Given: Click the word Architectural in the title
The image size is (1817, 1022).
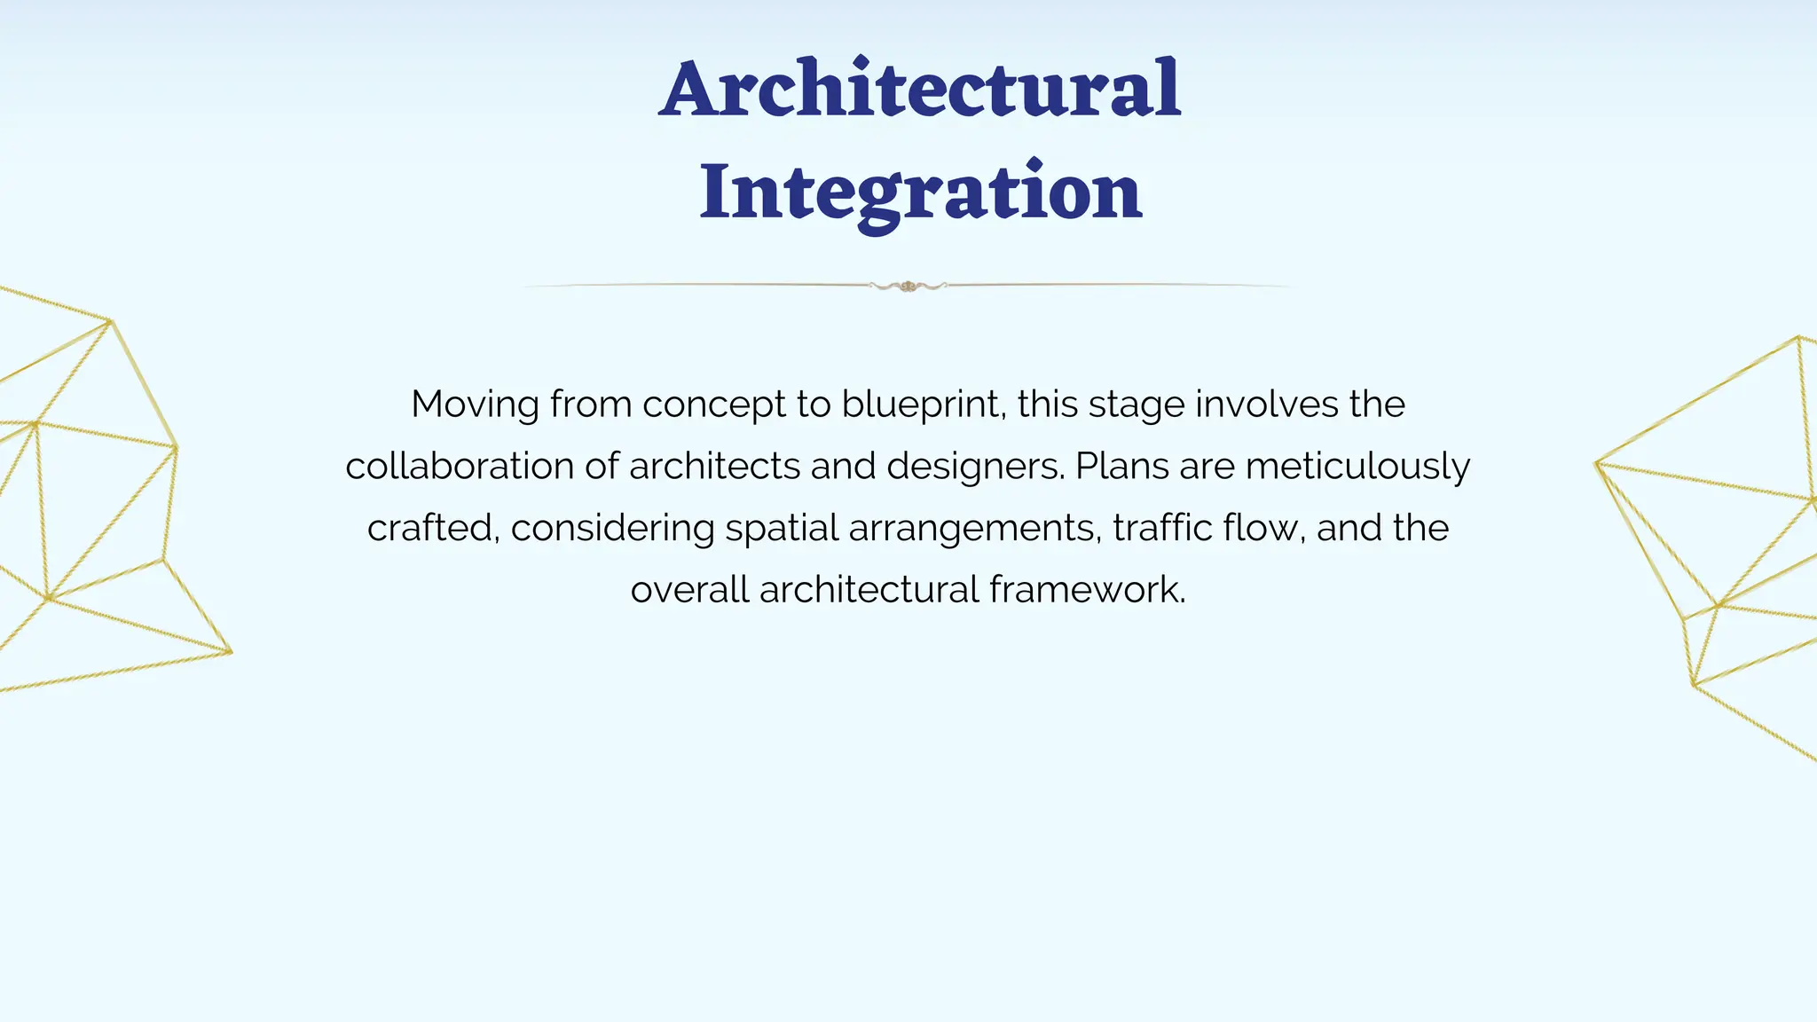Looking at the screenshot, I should click(920, 89).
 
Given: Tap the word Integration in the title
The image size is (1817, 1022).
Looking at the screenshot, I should click(920, 193).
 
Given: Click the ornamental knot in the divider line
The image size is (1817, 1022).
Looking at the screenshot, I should click(908, 286).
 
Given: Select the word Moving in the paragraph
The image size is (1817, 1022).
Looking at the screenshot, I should click(475, 405).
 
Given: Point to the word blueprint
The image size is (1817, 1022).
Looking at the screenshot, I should click(923, 405).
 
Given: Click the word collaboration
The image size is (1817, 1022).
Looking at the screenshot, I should click(460, 467).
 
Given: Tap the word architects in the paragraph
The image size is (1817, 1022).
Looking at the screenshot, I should click(715, 467).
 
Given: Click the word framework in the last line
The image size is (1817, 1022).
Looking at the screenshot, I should click(1087, 590).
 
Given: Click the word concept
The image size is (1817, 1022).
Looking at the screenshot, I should click(713, 405).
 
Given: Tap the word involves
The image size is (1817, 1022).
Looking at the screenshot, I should click(1266, 405).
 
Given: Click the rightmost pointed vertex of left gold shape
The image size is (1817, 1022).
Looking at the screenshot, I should click(231, 653).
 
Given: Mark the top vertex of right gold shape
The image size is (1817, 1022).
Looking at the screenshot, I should click(1798, 337).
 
